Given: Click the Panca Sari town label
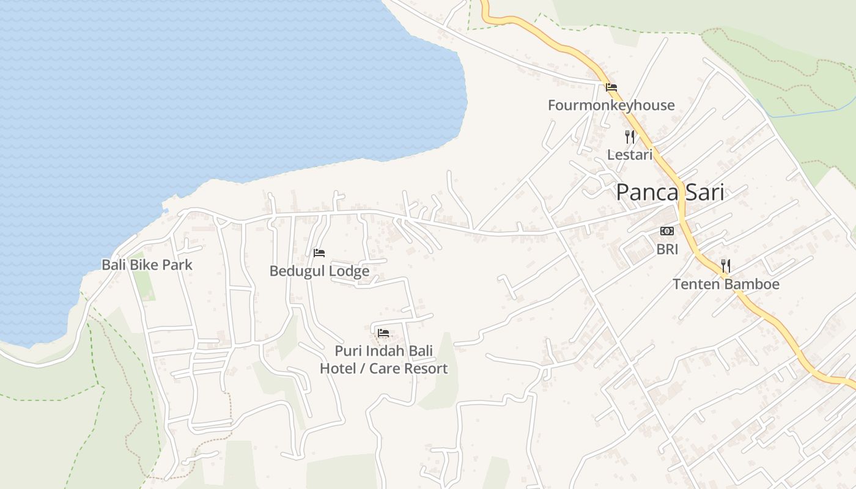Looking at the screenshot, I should click(670, 193).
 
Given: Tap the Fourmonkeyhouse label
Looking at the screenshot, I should click(611, 105).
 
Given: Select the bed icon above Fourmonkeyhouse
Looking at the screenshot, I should click(611, 87).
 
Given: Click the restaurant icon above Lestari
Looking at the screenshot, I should click(629, 136).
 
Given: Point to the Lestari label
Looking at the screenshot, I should click(629, 155).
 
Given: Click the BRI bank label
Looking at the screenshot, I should click(667, 249).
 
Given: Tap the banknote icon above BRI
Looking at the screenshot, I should click(667, 231).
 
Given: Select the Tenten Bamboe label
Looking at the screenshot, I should click(726, 284).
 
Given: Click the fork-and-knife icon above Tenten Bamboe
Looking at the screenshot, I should click(725, 266).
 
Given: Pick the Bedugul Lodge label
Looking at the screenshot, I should click(319, 271).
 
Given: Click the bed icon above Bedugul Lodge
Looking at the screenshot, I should click(319, 253).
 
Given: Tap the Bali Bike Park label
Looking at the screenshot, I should click(147, 265).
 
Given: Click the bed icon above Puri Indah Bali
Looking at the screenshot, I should click(383, 333).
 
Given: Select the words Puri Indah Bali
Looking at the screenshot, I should click(383, 351).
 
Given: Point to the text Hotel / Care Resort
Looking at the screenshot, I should click(383, 369).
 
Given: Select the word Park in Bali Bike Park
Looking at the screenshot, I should click(178, 265).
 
